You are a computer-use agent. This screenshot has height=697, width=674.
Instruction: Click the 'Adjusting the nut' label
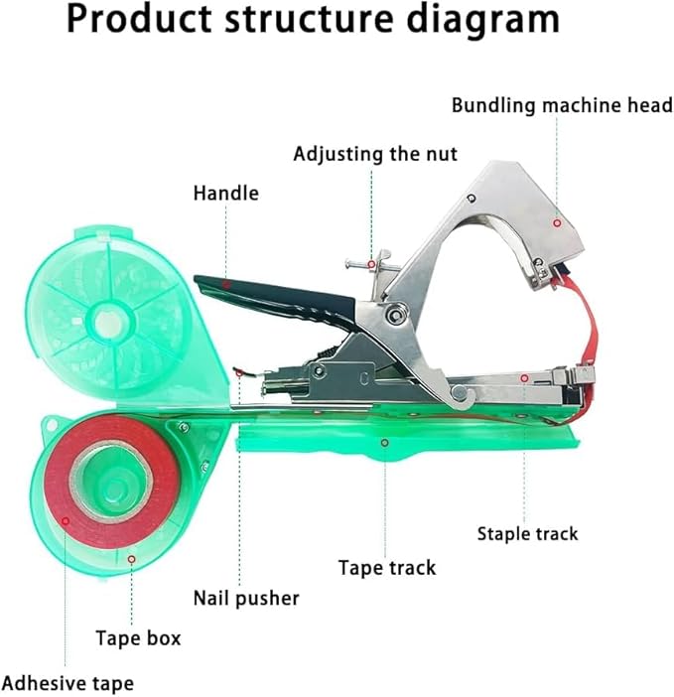(374, 154)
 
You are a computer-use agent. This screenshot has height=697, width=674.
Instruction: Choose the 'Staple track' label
(527, 533)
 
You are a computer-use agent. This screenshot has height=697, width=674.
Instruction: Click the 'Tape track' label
(386, 567)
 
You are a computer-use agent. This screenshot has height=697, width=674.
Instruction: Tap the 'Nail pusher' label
(245, 598)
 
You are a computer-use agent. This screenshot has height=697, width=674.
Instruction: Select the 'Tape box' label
(138, 637)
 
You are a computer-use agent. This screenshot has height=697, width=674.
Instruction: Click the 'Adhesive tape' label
(67, 683)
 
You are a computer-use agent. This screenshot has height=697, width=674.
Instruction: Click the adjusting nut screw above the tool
(369, 266)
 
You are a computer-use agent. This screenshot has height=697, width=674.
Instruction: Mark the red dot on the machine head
(556, 223)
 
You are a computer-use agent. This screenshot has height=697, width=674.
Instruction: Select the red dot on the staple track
(522, 378)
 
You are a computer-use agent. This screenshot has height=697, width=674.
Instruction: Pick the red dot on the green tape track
(386, 440)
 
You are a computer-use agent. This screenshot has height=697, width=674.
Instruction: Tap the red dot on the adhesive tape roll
(66, 518)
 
